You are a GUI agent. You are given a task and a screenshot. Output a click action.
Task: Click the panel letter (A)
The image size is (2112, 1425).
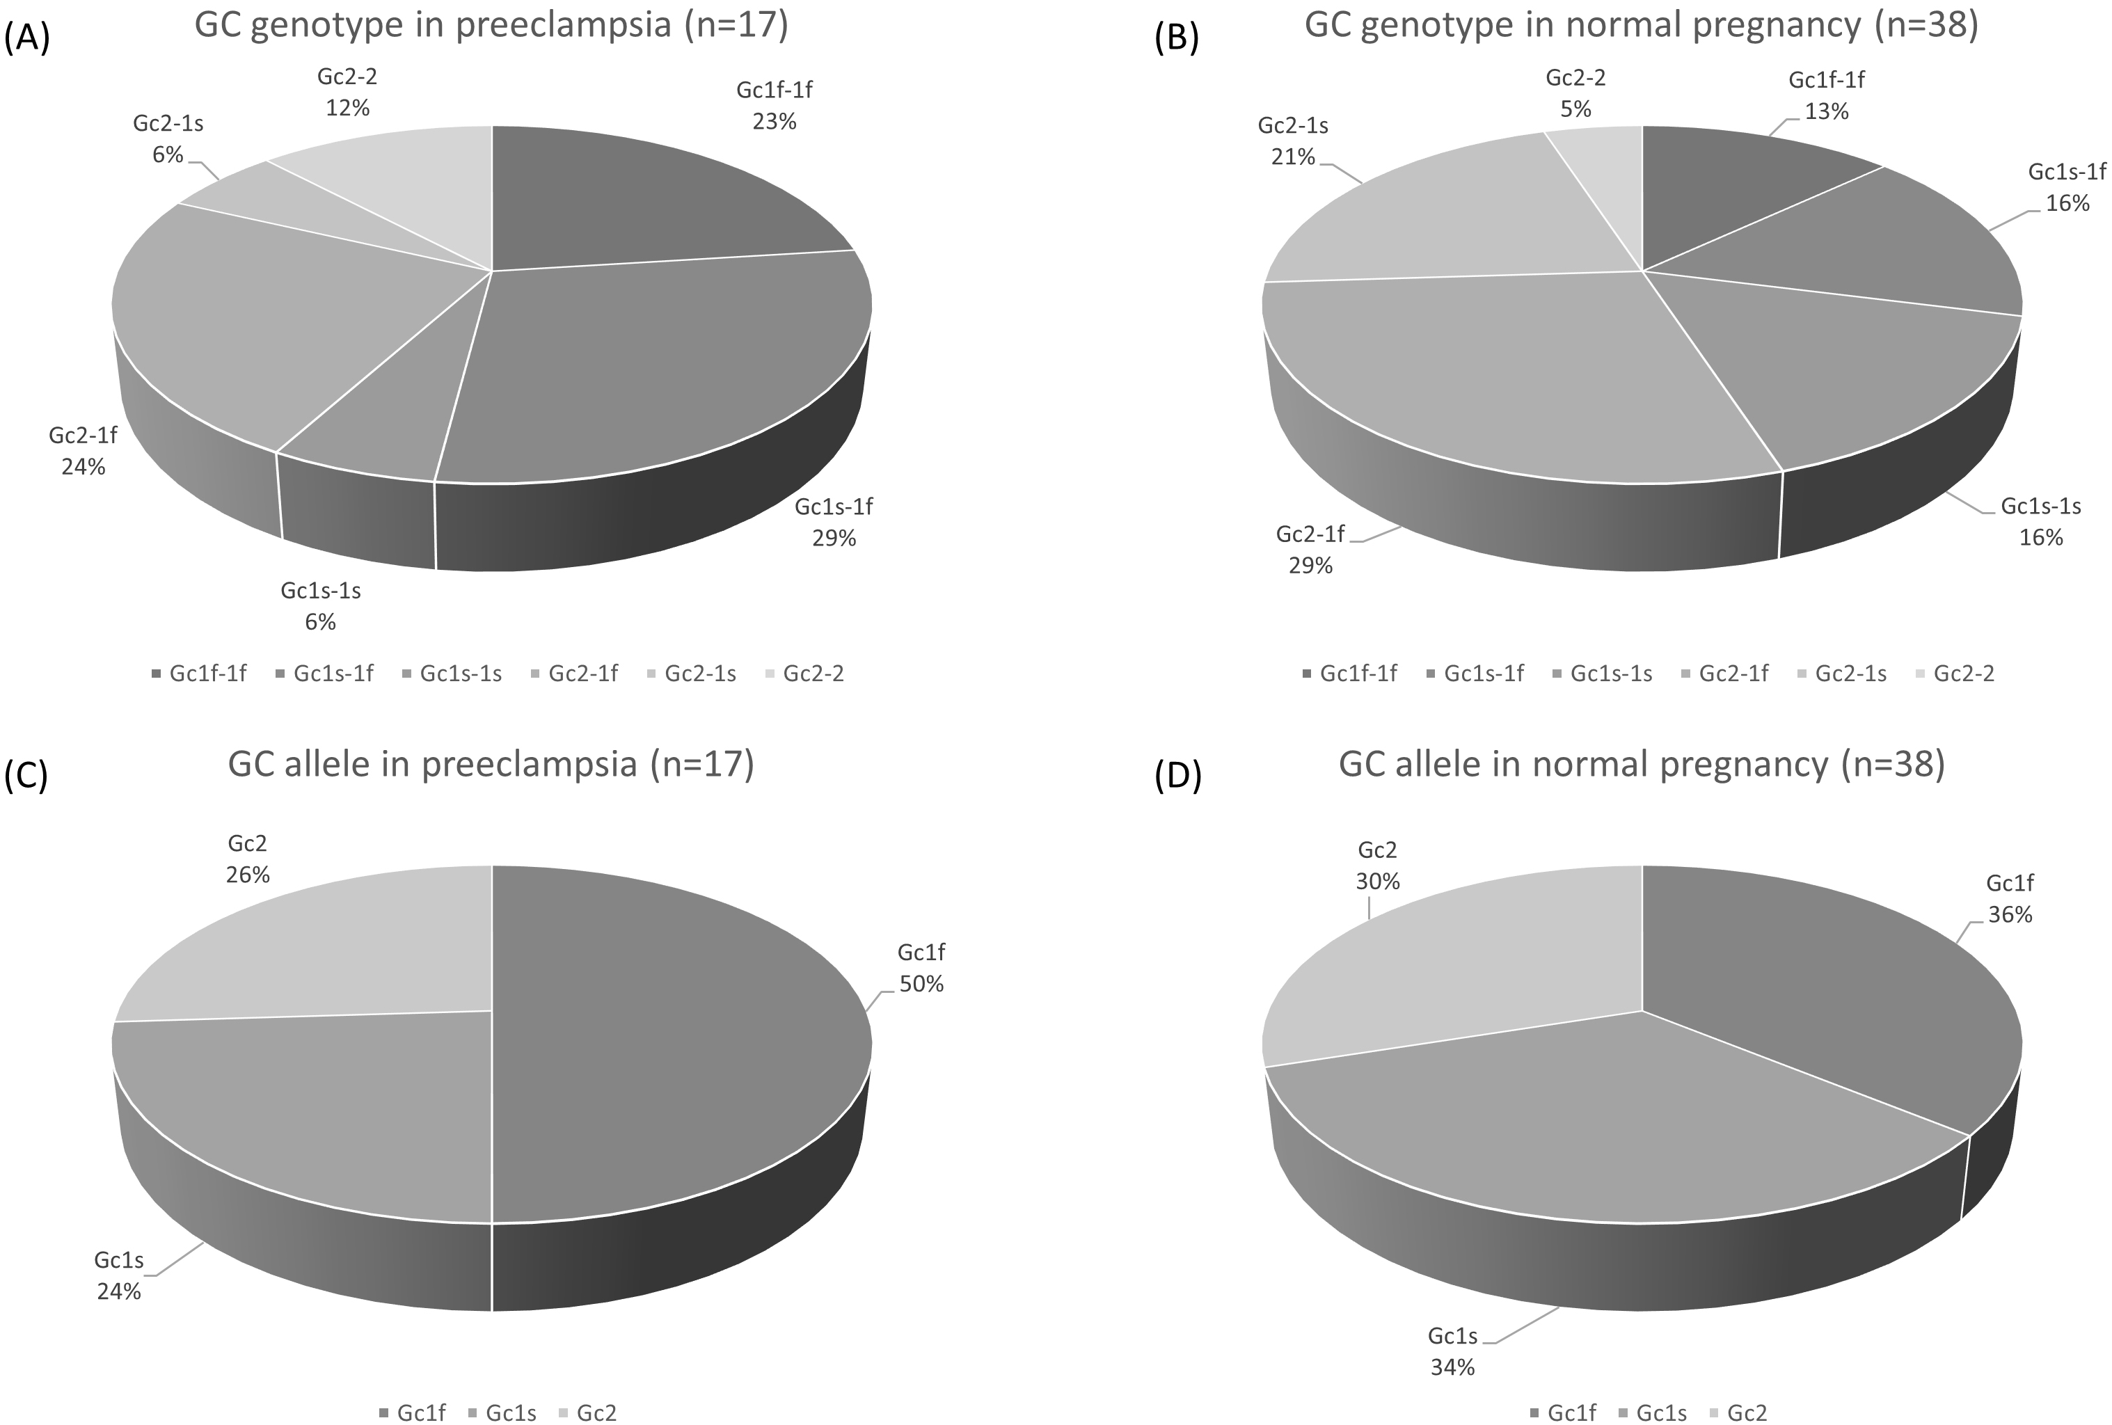click(28, 39)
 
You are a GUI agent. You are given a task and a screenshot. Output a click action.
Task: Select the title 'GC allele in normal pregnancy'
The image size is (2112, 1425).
click(1642, 764)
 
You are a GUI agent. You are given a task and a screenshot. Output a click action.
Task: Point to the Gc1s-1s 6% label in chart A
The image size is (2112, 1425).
click(320, 606)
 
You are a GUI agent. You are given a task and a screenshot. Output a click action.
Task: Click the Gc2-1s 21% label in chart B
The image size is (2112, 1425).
click(1292, 141)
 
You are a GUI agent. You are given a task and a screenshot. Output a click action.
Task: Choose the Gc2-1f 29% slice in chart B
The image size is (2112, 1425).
click(1491, 382)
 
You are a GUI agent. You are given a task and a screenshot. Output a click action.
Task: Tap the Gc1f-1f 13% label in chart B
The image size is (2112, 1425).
click(1827, 95)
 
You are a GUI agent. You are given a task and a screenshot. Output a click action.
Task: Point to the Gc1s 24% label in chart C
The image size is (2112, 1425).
click(119, 1275)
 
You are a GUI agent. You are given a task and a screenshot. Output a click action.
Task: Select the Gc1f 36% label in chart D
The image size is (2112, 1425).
click(2009, 899)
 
